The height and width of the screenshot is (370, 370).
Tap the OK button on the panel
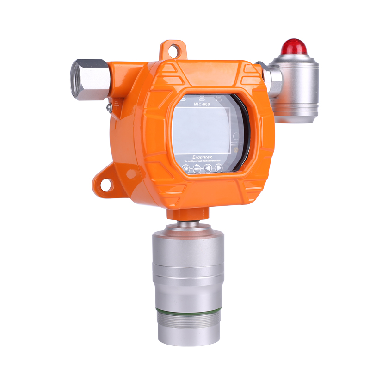click(x=186, y=169)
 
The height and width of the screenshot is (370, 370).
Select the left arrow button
click(x=208, y=168)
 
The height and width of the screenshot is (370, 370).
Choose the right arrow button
click(x=219, y=168)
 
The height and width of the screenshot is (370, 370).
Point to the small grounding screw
click(x=109, y=107)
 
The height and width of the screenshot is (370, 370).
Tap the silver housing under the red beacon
click(x=296, y=88)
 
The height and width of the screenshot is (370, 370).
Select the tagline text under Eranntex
click(x=202, y=161)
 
